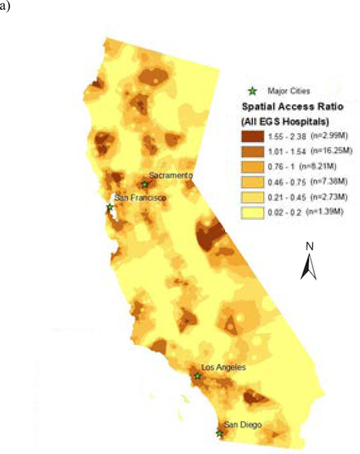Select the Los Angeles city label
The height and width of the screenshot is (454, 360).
[223, 368]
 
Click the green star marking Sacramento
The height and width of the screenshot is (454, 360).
[145, 184]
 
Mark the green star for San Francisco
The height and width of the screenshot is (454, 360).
[110, 207]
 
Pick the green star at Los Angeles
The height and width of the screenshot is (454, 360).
[197, 376]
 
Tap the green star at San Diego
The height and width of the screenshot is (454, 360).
[219, 433]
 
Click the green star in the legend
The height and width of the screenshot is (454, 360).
[253, 90]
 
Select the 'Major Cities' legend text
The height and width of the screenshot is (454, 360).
[289, 90]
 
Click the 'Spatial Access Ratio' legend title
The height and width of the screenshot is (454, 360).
[292, 105]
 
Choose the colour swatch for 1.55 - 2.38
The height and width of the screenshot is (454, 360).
[252, 135]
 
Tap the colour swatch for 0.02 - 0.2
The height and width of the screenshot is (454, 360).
[252, 212]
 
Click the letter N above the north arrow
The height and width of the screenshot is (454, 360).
[309, 246]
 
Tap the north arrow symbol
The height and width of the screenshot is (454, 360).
[309, 266]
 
